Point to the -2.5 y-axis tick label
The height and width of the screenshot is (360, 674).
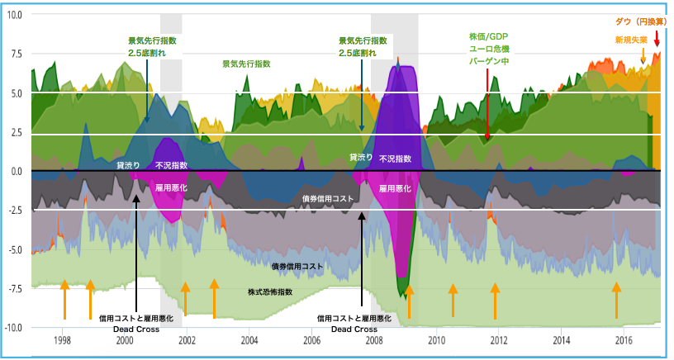click(14, 211)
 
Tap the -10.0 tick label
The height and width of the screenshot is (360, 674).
click(13, 328)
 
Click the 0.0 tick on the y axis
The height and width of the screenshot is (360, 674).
click(16, 172)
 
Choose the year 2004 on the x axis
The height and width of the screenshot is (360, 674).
click(249, 340)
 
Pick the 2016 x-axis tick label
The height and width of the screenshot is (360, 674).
click(624, 340)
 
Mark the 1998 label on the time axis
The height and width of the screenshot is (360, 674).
click(62, 340)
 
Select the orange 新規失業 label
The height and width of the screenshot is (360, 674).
click(631, 39)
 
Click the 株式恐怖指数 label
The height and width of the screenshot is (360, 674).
click(270, 292)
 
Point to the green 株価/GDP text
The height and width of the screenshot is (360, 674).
click(487, 36)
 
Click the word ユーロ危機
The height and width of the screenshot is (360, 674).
click(487, 48)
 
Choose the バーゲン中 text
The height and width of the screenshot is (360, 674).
click(487, 60)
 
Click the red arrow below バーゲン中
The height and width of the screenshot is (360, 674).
click(487, 103)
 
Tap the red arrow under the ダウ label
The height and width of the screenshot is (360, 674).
click(657, 38)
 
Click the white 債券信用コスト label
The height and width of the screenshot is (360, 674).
click(328, 199)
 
